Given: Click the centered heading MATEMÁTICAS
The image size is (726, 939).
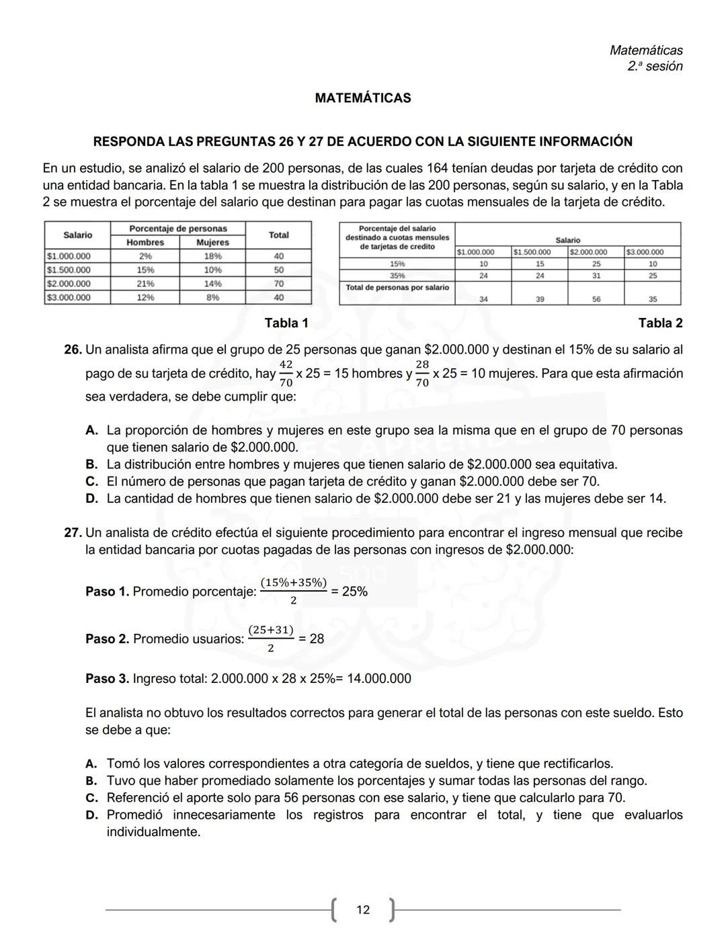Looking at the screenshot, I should click(362, 98).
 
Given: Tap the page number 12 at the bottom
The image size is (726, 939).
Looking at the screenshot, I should click(362, 910).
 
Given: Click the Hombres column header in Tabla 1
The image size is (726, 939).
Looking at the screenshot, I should click(145, 242).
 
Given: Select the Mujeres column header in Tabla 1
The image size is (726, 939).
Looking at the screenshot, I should click(212, 242).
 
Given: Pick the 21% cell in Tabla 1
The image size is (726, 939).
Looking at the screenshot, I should click(145, 284).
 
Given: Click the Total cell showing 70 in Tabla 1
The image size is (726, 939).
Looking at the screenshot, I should click(278, 284).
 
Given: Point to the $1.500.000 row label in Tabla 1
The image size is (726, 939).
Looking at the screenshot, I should click(69, 270).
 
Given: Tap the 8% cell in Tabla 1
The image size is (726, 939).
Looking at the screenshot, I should click(212, 297).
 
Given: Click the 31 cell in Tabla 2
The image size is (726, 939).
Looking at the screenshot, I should click(596, 276).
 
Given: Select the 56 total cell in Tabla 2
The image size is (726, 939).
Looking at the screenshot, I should click(596, 299).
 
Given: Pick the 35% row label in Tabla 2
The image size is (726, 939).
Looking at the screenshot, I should click(397, 276).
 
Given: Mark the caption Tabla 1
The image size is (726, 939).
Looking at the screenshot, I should click(286, 323).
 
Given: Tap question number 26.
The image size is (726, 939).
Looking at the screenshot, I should click(73, 350).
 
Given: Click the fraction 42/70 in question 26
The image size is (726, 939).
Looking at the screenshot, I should click(286, 373).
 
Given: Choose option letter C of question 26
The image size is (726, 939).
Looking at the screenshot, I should click(92, 482).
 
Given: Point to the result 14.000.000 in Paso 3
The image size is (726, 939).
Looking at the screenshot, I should click(378, 678).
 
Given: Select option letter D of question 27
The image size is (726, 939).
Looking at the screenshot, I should click(92, 815).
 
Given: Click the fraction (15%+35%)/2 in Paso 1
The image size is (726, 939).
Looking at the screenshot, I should click(293, 591).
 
